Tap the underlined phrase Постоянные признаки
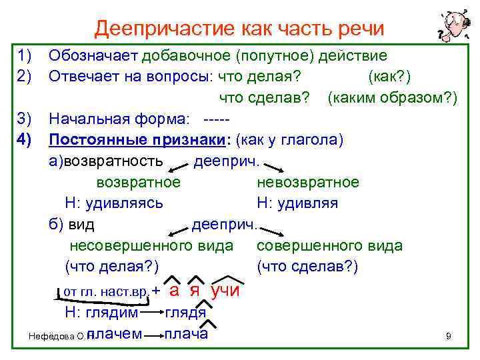pos(136,140)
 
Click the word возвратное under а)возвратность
pos(137,182)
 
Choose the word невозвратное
pos(307,182)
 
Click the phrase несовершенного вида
pos(151,245)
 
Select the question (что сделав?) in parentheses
pos(307,266)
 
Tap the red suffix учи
pos(225,291)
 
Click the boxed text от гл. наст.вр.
pos(105,292)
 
